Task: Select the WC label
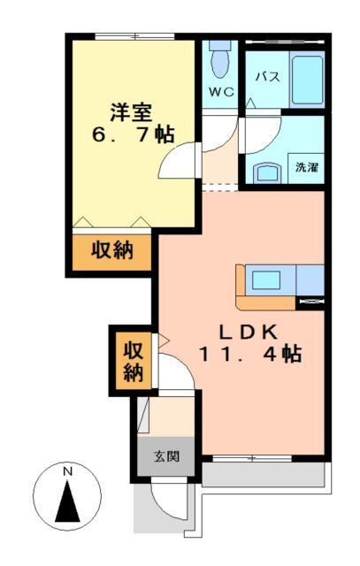[x=219, y=91]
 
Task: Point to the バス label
[x=267, y=77]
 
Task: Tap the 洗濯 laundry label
[x=307, y=166]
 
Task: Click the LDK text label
[x=250, y=332]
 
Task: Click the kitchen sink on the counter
[x=266, y=280]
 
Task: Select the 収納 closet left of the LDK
[x=132, y=360]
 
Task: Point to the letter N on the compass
[x=67, y=472]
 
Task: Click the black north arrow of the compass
[x=67, y=503]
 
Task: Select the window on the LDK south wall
[x=251, y=458]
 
